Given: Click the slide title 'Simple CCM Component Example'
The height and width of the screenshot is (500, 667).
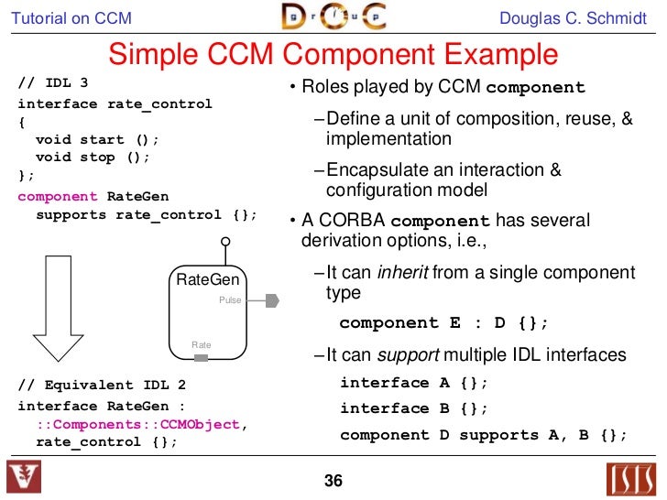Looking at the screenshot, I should (x=333, y=55).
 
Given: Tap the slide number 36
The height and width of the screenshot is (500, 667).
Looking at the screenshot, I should (x=333, y=481).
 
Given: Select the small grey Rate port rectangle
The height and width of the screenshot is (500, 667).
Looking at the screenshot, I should (x=202, y=357).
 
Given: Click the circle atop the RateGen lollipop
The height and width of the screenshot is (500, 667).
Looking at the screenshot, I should (x=224, y=244).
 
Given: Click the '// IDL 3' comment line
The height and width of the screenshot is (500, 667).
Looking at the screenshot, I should (x=53, y=85).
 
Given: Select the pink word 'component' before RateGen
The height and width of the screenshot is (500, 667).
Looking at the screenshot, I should (x=58, y=196).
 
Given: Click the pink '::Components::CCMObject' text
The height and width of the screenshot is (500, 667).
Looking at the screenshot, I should (x=137, y=424).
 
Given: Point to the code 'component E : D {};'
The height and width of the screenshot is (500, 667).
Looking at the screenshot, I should (x=443, y=323).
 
